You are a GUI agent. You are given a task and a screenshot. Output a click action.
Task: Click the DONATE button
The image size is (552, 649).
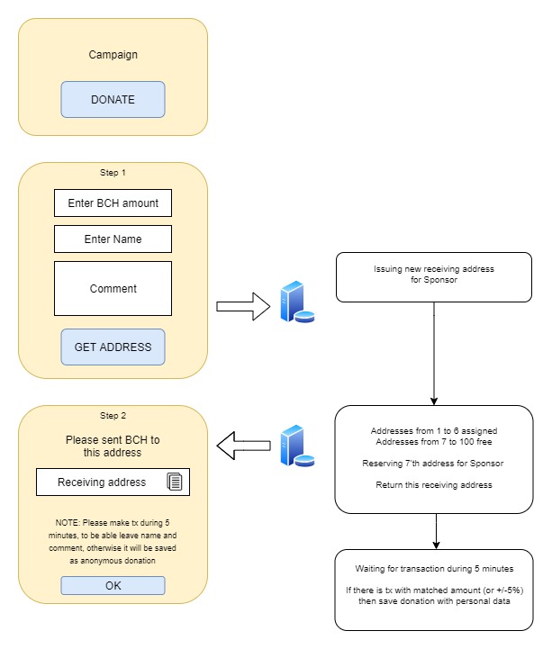pyautogui.click(x=113, y=99)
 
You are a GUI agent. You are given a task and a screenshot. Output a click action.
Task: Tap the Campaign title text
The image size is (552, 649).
pyautogui.click(x=113, y=55)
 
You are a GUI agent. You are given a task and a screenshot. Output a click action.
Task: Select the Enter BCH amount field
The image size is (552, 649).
pyautogui.click(x=113, y=203)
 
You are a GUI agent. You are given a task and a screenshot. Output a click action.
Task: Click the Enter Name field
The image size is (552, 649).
pyautogui.click(x=113, y=239)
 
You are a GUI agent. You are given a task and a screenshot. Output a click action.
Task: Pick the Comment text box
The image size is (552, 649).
pyautogui.click(x=113, y=288)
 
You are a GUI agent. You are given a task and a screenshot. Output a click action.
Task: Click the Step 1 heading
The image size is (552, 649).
pyautogui.click(x=113, y=173)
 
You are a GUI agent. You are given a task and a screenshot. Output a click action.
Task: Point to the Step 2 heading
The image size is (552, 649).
pyautogui.click(x=113, y=416)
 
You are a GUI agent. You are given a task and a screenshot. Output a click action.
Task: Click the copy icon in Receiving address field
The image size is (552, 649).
pyautogui.click(x=175, y=482)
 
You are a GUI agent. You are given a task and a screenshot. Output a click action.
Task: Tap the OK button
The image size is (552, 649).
pyautogui.click(x=113, y=586)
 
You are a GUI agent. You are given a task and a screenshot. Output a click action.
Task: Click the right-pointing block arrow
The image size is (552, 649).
pyautogui.click(x=243, y=306)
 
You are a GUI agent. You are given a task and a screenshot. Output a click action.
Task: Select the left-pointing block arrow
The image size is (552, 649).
pyautogui.click(x=243, y=446)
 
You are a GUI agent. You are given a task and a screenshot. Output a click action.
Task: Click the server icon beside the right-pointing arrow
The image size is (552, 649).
pyautogui.click(x=297, y=302)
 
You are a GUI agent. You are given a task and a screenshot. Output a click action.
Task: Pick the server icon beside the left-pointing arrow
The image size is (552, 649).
pyautogui.click(x=297, y=446)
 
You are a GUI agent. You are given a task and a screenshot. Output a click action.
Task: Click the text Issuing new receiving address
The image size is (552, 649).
pyautogui.click(x=433, y=268)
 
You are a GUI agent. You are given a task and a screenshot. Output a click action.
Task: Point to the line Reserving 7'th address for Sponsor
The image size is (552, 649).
pyautogui.click(x=433, y=464)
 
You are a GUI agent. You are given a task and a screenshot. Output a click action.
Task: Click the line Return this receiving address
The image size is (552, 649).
pyautogui.click(x=433, y=484)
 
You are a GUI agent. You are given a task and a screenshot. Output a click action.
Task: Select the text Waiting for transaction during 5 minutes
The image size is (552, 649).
pyautogui.click(x=434, y=569)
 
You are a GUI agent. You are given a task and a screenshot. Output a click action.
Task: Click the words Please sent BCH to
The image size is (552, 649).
pyautogui.click(x=113, y=439)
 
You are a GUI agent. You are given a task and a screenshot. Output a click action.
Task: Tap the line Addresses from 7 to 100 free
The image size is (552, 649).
pyautogui.click(x=433, y=442)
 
